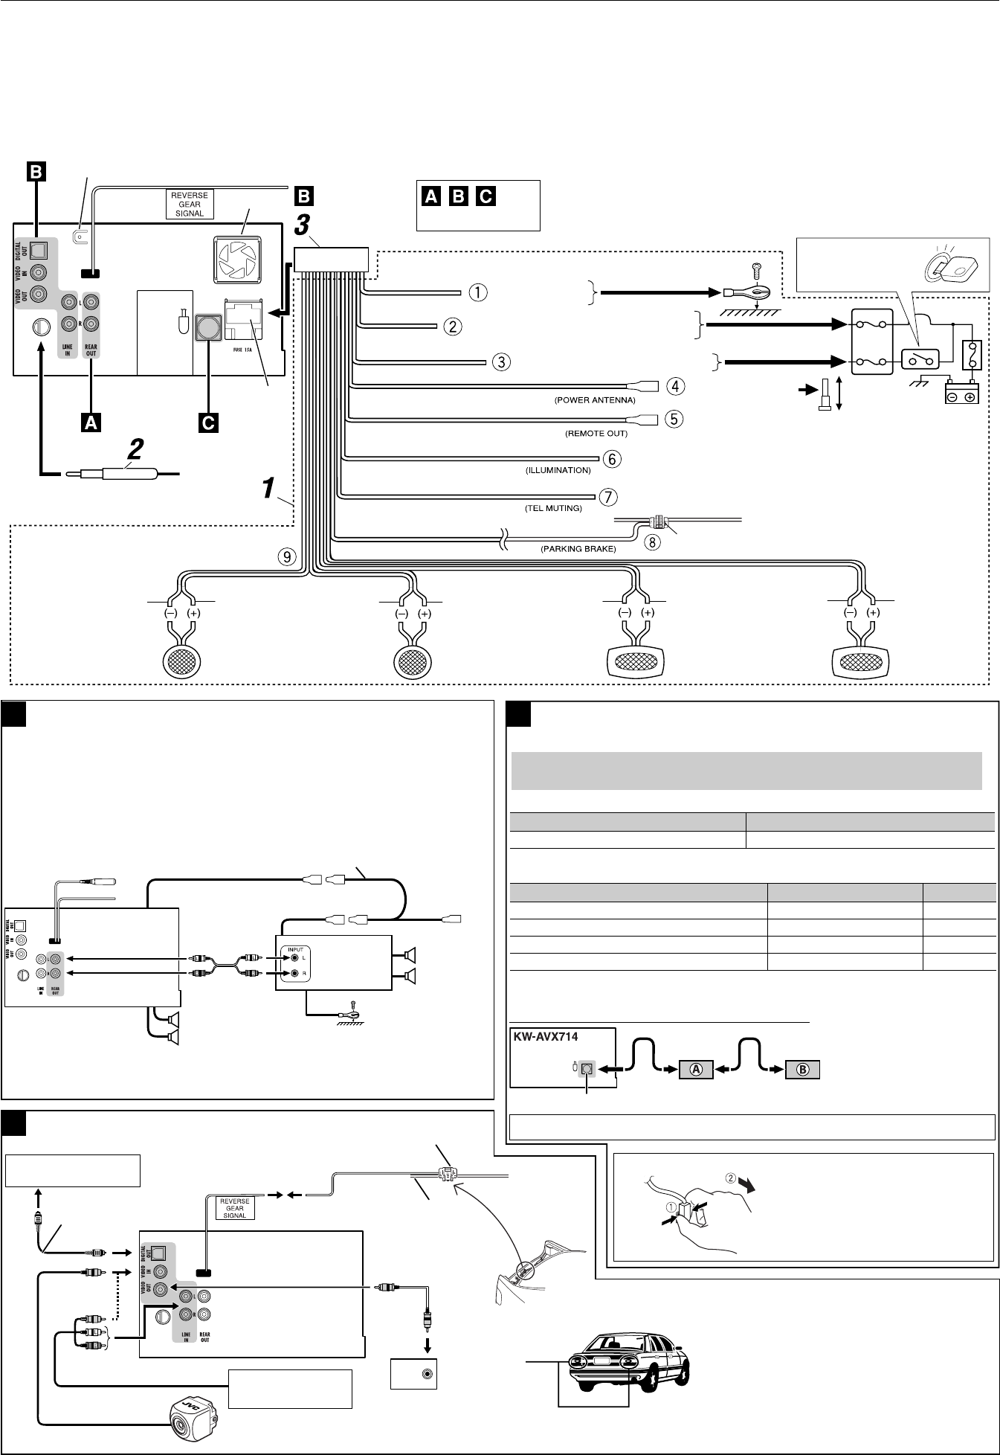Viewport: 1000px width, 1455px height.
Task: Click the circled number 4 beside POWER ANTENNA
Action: [x=675, y=386]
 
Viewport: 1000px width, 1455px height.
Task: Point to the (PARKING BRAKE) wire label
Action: [x=578, y=549]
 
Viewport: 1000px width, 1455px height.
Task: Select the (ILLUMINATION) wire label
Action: [x=558, y=470]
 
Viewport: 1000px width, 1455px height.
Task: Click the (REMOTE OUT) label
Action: [x=596, y=433]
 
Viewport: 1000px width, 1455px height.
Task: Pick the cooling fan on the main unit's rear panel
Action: [x=237, y=261]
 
